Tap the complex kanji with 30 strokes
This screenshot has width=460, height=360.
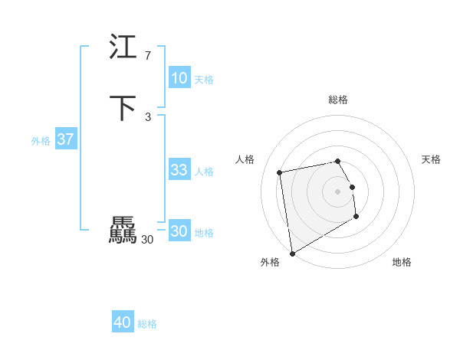(122, 231)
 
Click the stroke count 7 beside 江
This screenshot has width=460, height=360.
(148, 55)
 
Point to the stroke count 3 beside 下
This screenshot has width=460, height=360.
(148, 116)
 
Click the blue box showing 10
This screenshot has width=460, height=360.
(179, 78)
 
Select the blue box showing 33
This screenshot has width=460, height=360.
(179, 170)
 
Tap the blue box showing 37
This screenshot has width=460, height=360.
(65, 139)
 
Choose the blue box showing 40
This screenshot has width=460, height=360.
(122, 322)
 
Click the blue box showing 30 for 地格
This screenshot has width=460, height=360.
(179, 231)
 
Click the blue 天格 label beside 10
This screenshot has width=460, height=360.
(204, 80)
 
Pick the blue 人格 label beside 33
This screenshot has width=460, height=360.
(204, 172)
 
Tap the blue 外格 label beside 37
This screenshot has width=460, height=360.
(41, 141)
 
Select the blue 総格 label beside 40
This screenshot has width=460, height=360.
(147, 324)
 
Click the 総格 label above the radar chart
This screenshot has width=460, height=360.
(338, 100)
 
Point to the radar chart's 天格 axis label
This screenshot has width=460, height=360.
(431, 159)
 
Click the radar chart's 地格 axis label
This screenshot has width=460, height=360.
(402, 262)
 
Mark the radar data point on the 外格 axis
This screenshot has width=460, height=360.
(291, 254)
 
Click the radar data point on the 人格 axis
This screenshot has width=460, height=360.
(280, 172)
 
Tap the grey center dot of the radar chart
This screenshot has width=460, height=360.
(338, 191)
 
